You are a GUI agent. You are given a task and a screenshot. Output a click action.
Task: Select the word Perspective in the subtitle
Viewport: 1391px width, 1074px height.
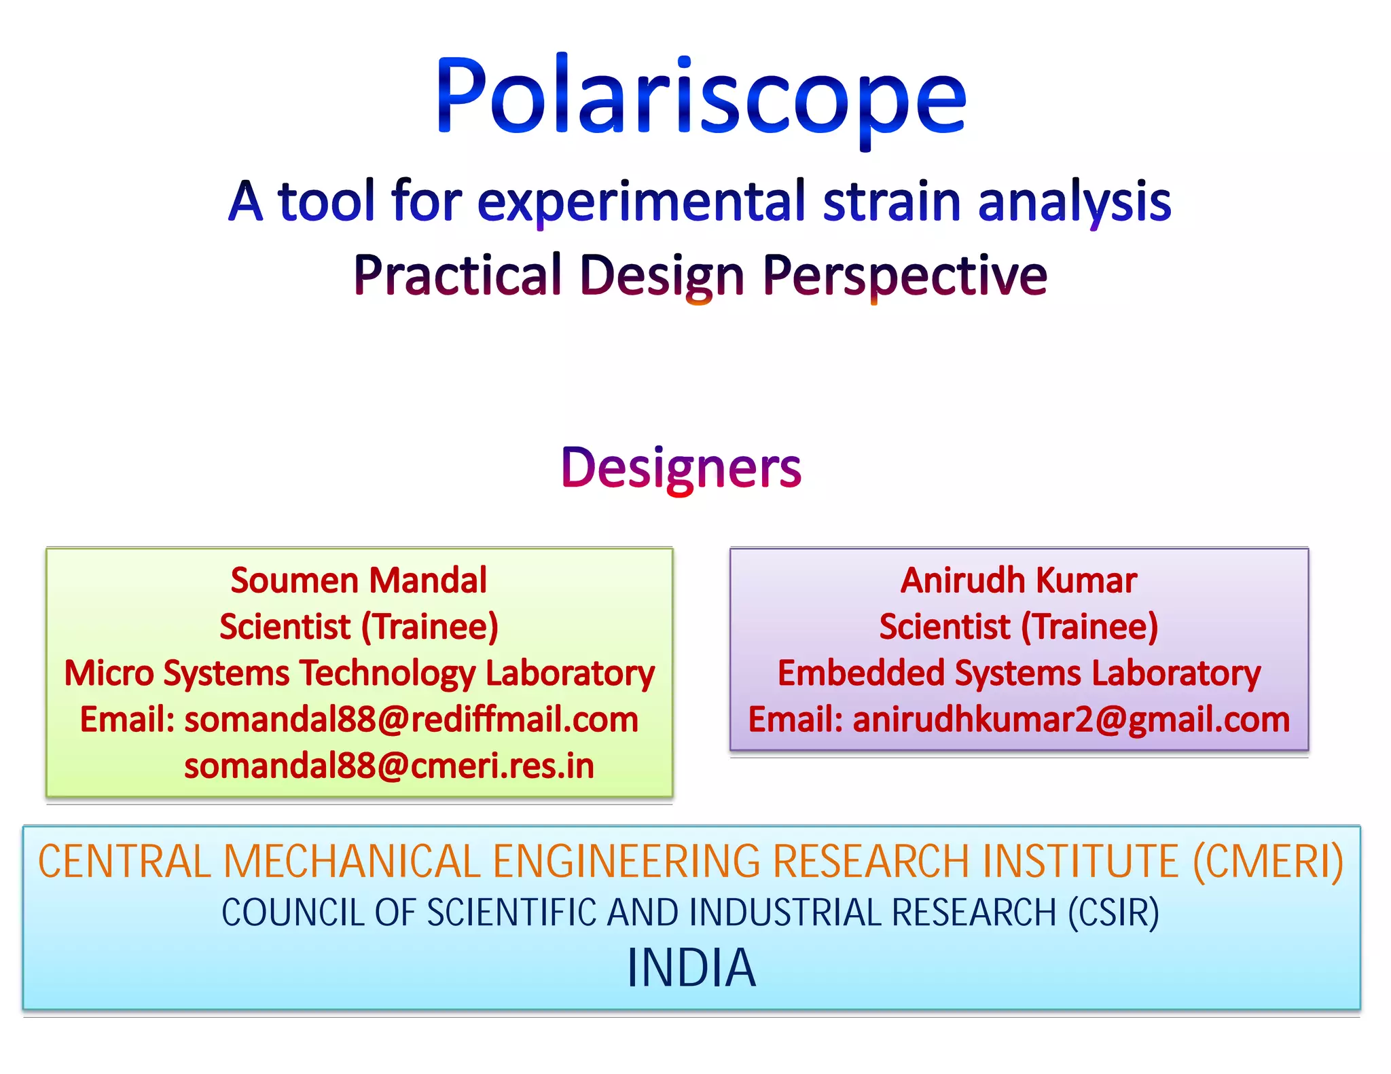click(905, 276)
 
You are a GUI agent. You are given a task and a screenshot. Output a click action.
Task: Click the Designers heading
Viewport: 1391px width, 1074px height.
click(681, 468)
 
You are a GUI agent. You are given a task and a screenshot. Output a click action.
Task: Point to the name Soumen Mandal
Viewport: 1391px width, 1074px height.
click(359, 580)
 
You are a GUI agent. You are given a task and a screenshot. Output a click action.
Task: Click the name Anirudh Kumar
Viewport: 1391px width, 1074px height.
click(1018, 580)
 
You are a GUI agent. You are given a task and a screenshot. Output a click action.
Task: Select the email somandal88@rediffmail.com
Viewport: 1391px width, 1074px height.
click(411, 720)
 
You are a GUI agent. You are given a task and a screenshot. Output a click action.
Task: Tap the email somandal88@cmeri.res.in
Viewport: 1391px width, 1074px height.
click(389, 766)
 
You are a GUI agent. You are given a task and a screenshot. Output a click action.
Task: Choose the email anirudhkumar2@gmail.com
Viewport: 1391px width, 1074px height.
click(1071, 720)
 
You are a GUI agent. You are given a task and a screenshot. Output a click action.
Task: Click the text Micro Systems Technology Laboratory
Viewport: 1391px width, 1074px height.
click(359, 673)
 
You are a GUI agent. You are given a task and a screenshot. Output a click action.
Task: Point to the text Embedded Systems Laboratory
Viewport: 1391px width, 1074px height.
click(1019, 673)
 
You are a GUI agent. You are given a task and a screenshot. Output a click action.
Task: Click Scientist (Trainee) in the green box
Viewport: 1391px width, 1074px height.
click(359, 627)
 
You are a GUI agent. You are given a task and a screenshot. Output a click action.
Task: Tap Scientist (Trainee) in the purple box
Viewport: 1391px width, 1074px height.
click(1018, 627)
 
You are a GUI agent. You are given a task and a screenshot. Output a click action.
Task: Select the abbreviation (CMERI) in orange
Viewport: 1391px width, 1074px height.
click(1268, 862)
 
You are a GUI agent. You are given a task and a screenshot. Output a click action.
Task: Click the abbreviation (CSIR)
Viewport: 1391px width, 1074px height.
click(1113, 912)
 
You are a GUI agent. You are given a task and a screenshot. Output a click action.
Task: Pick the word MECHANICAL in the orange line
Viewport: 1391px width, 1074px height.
click(352, 862)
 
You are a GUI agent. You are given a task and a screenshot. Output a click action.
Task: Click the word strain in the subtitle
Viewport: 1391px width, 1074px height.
click(891, 202)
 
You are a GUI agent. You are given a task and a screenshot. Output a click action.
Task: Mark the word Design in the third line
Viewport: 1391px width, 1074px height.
click(662, 276)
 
